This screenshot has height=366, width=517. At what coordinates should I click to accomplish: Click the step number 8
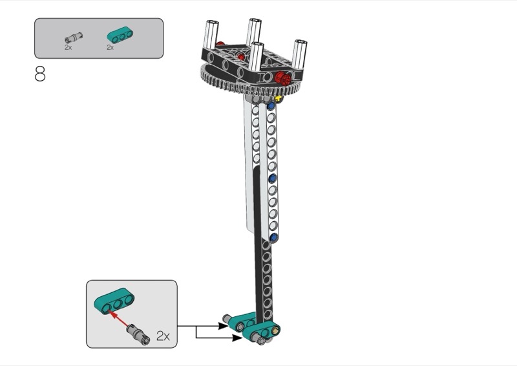pos(40,74)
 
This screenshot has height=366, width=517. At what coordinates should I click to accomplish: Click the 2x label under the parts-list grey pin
pos(68,47)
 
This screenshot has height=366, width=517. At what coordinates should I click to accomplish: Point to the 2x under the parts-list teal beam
pos(110,47)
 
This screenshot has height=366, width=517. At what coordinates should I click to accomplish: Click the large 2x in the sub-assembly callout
pos(162,336)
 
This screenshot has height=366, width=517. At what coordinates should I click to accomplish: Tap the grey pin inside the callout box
pos(136,332)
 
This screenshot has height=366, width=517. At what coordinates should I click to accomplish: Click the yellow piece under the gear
pos(279,98)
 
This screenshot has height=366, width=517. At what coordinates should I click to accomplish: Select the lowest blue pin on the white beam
pos(274,238)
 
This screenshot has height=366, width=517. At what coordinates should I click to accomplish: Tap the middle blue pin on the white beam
pos(272,177)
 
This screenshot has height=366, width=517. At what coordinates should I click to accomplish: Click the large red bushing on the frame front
pos(282,78)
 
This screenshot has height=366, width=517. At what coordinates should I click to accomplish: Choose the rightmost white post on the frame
pos(300,58)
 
